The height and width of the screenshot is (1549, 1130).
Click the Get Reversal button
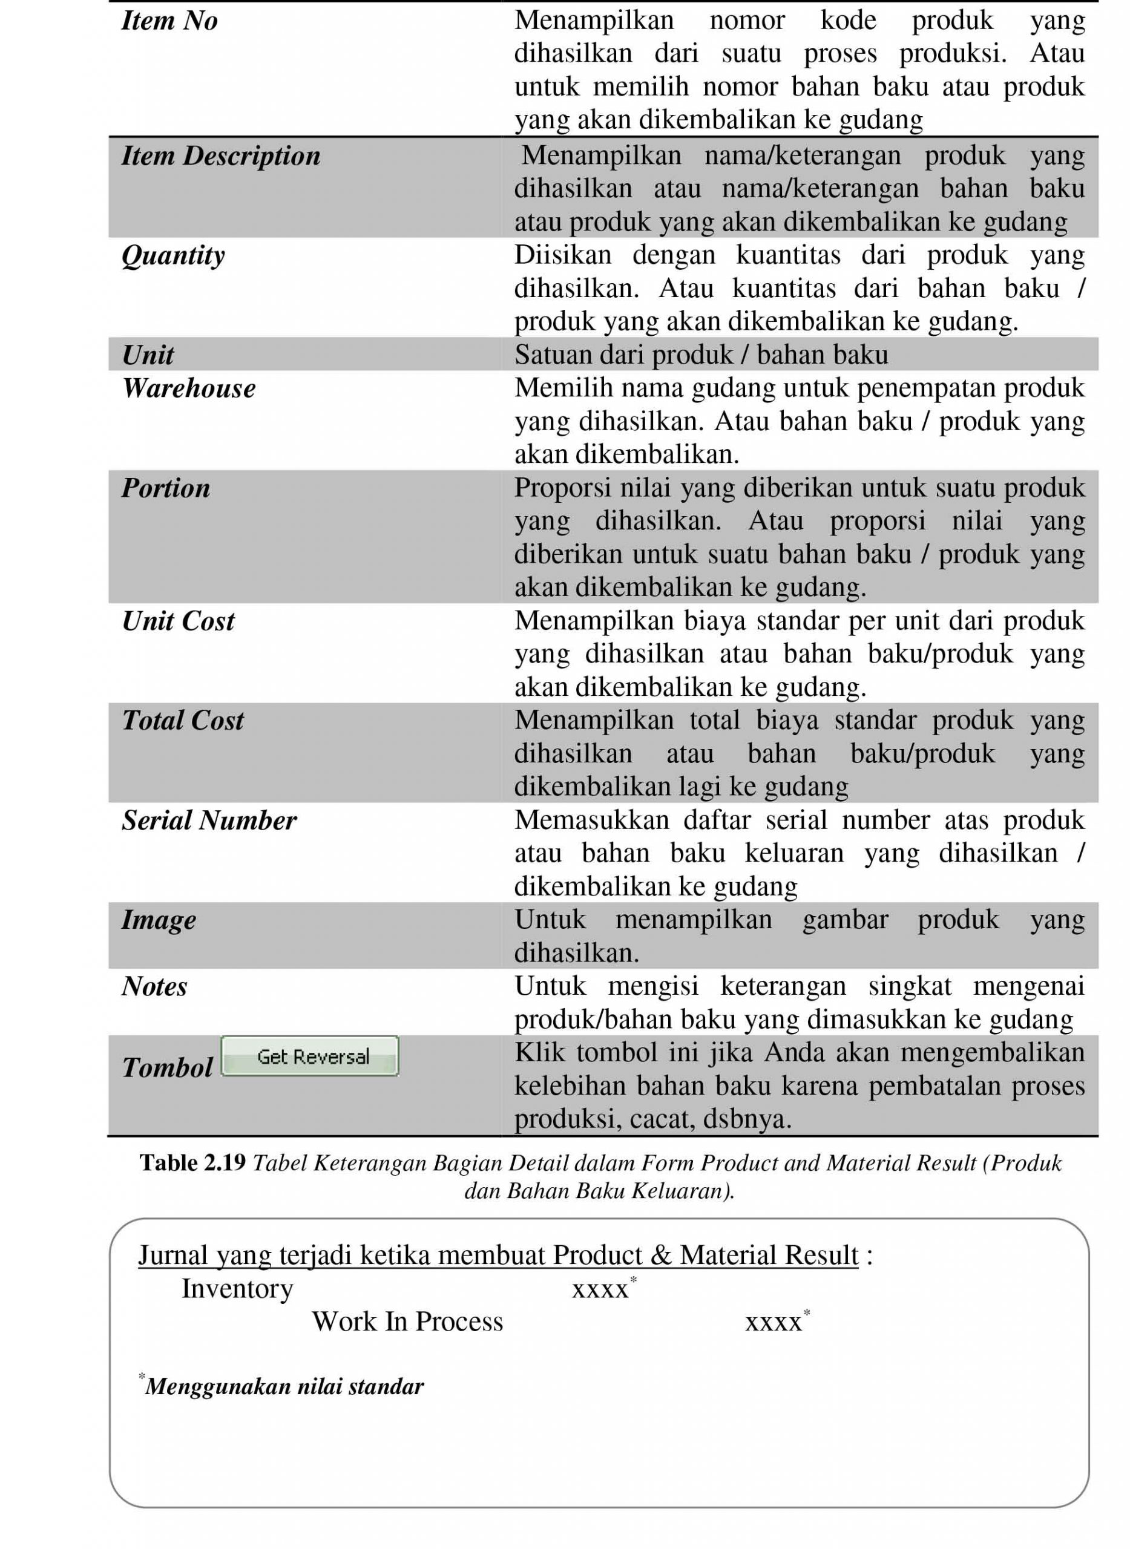309,1056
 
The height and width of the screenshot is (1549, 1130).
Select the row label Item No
169,21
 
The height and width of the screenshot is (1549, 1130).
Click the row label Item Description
220,156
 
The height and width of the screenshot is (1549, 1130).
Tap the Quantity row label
173,256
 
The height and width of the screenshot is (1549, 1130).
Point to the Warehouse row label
189,388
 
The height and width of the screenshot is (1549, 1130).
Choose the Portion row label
165,488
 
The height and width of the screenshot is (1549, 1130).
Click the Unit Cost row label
178,621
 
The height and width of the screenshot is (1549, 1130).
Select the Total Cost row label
183,720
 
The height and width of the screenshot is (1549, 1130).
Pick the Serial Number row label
209,820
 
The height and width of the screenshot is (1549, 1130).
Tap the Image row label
159,920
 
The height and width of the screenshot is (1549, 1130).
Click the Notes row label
154,986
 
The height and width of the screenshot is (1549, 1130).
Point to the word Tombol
167,1067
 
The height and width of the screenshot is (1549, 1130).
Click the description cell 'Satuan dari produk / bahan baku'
701,355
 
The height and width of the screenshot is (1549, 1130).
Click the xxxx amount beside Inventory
600,1289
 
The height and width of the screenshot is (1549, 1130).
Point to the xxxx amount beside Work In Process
774,1323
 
